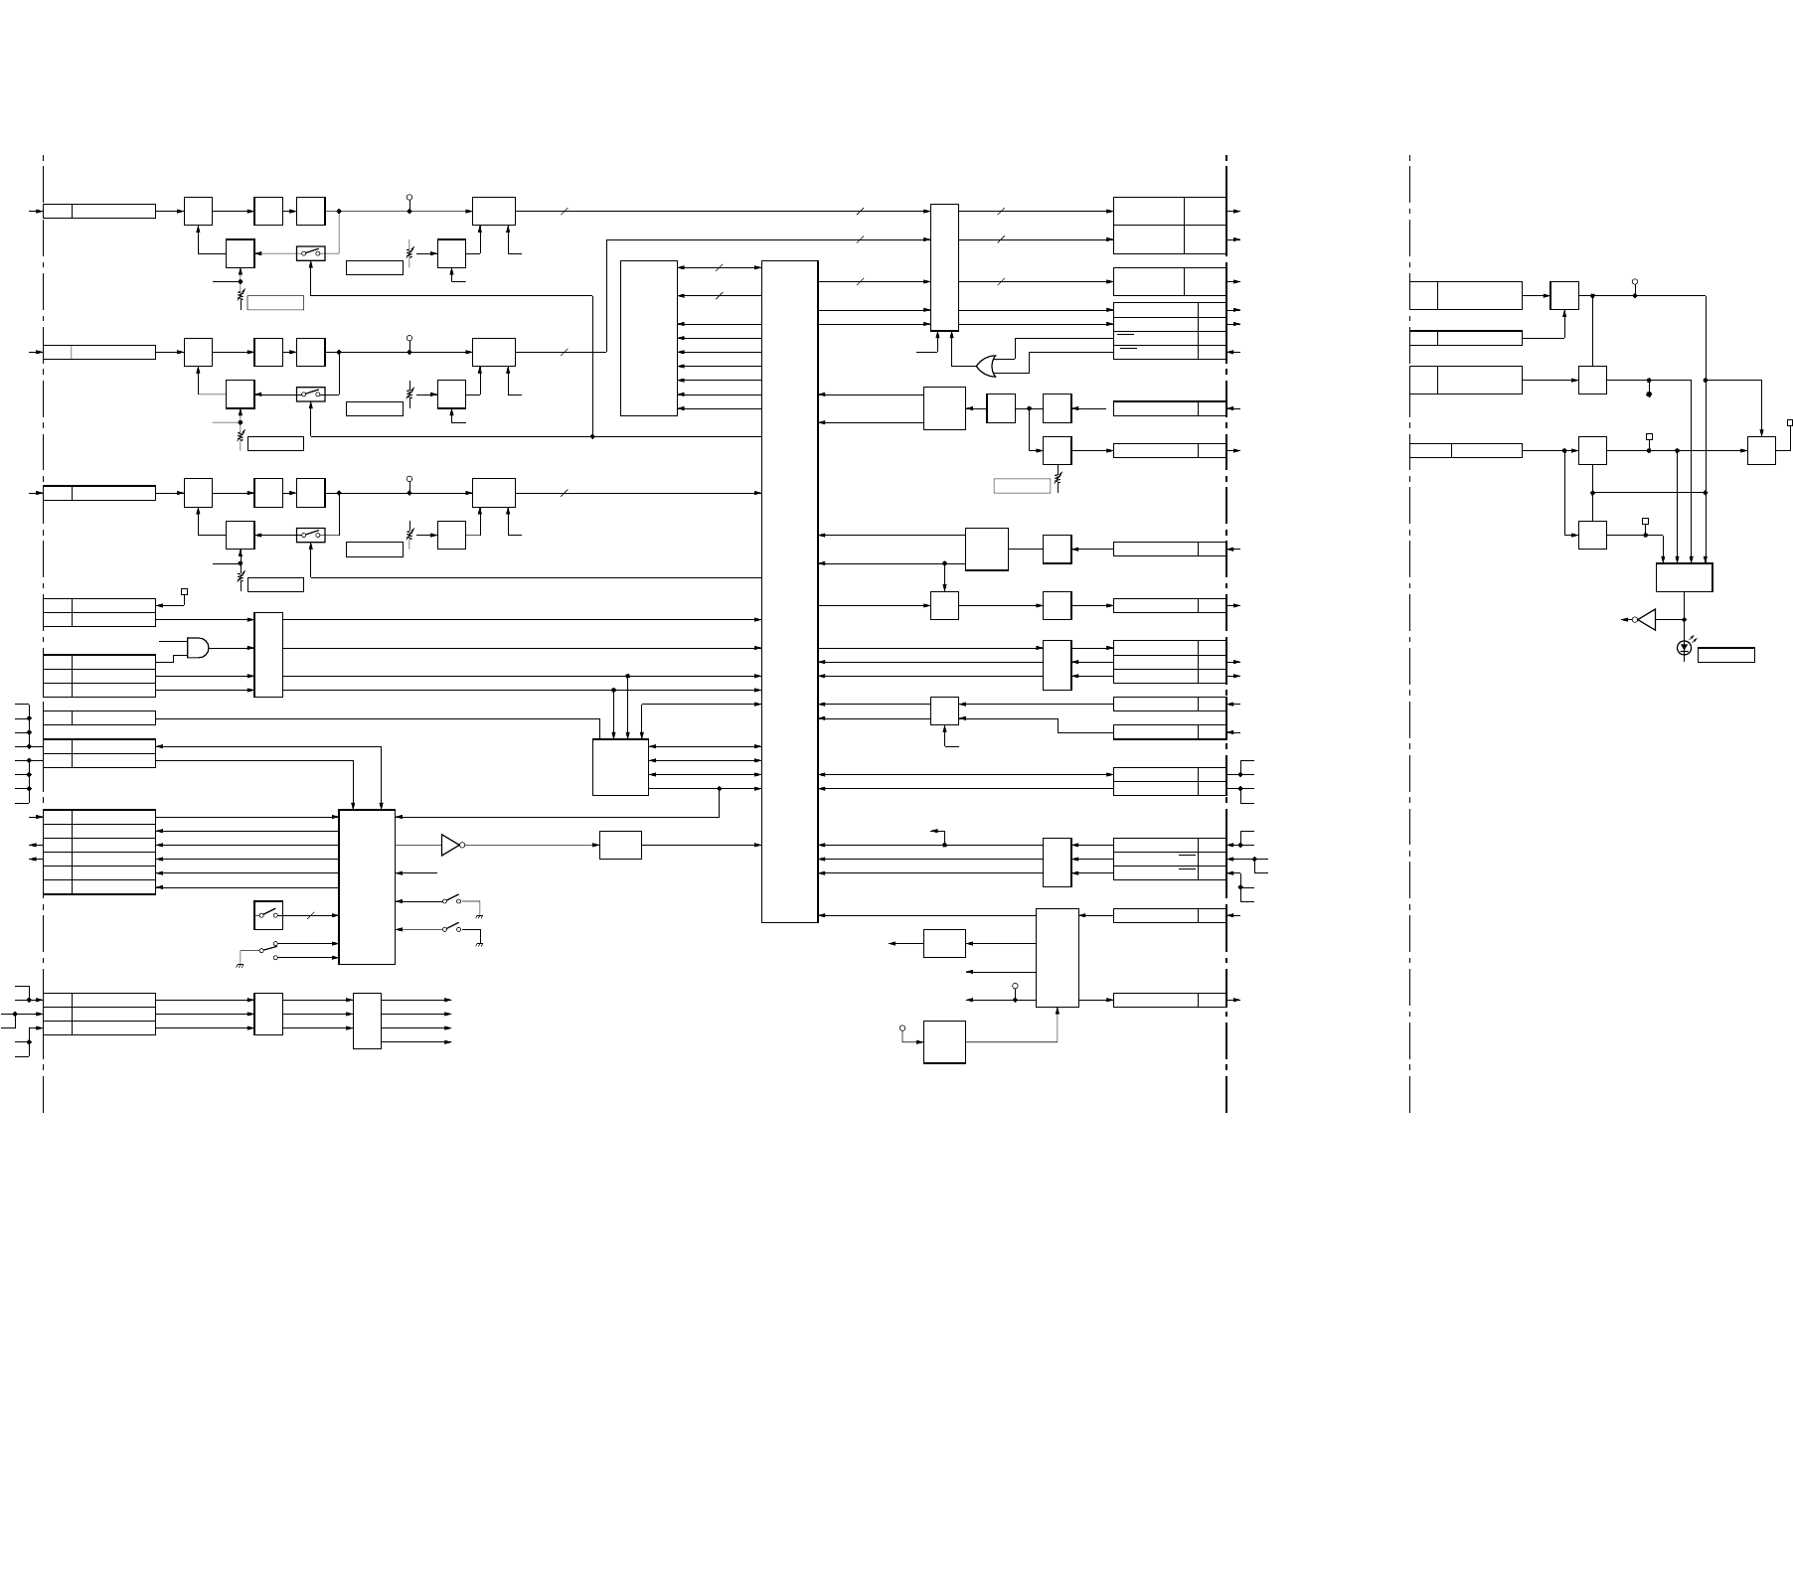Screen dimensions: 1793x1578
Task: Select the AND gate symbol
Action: [x=198, y=648]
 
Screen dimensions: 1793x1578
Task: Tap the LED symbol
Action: [x=1684, y=648]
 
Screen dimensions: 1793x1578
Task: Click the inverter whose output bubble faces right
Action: [x=452, y=845]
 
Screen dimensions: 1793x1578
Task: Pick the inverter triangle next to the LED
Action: [x=1646, y=619]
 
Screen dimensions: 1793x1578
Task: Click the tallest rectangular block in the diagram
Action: [x=789, y=591]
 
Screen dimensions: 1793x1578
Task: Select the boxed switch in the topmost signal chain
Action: [x=311, y=253]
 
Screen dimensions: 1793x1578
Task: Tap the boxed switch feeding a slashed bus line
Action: [x=268, y=914]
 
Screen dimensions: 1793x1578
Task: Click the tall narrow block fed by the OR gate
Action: [x=944, y=267]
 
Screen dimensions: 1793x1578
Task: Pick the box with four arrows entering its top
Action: [x=1684, y=577]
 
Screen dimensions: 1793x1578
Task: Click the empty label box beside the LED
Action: [x=1725, y=655]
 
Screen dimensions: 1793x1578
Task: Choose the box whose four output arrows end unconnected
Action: [x=367, y=1021]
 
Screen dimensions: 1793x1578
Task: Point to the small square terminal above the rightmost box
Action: [x=1789, y=422]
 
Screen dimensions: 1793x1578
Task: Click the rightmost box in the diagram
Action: [x=1761, y=450]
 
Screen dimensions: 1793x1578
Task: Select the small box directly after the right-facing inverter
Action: [x=620, y=845]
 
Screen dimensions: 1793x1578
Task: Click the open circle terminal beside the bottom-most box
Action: [x=902, y=1027]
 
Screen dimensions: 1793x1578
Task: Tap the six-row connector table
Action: [x=99, y=852]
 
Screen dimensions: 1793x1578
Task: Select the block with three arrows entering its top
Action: [x=620, y=766]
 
